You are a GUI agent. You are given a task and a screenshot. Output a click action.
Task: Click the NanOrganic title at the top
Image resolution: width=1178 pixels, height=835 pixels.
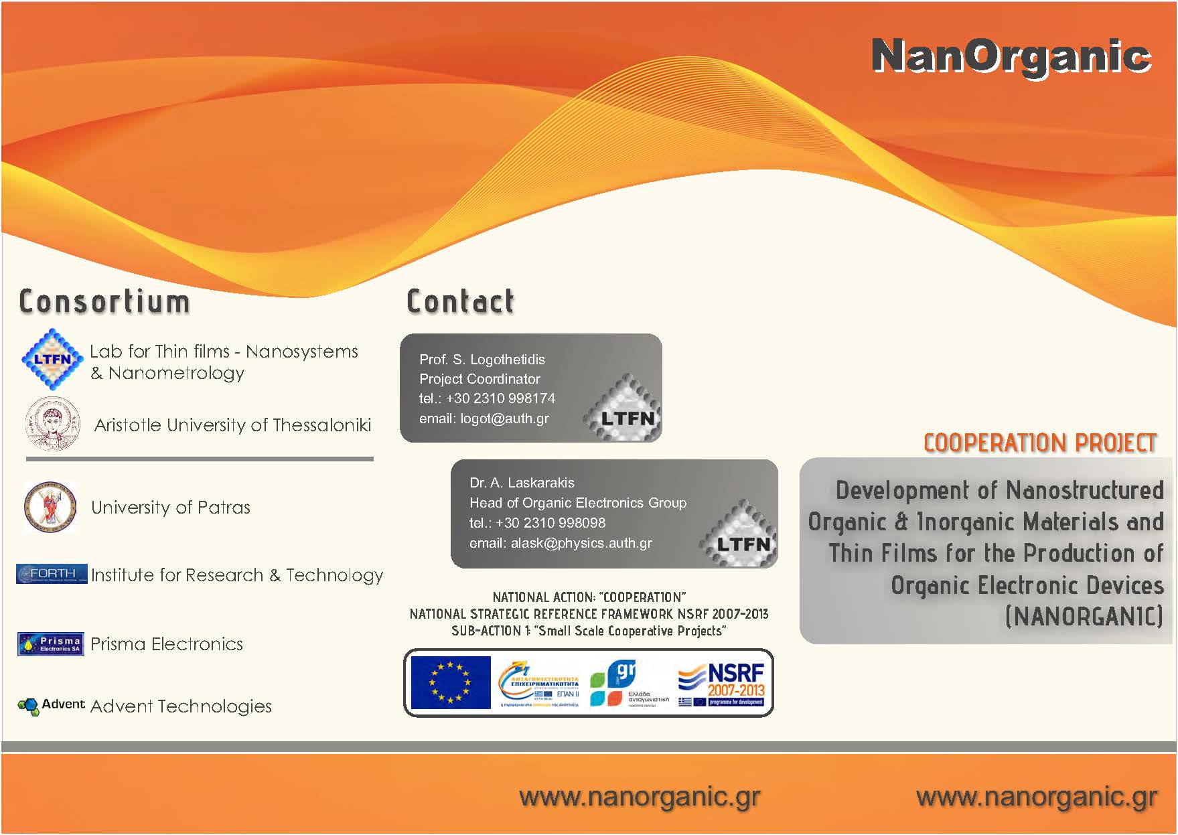coord(1011,56)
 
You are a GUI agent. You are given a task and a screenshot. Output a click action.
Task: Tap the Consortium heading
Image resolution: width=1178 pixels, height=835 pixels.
coord(104,302)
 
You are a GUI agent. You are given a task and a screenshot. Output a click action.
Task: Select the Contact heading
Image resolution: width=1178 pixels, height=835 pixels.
coord(461,302)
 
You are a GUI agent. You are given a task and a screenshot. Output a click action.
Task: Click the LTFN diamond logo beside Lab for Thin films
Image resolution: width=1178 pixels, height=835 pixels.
coord(52,360)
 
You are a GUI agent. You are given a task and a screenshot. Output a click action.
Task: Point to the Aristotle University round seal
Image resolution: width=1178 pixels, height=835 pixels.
coord(52,424)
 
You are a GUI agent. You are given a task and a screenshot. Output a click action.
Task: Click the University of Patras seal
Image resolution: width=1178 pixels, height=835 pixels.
coord(50,507)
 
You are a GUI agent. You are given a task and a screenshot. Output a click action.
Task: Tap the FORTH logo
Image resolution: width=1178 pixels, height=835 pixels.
coord(52,574)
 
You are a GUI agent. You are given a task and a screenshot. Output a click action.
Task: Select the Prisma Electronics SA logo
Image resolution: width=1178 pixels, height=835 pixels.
coord(51,644)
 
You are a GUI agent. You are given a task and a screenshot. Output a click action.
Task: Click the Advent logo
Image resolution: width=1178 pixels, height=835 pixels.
coord(51,705)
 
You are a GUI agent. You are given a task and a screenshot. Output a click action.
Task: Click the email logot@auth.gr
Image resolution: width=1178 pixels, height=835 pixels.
coord(484,419)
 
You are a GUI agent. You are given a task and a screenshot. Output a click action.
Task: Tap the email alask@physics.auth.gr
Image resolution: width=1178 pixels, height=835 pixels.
coord(561,543)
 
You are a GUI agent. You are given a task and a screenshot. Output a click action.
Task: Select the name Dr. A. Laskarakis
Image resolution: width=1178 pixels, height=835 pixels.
coord(522,483)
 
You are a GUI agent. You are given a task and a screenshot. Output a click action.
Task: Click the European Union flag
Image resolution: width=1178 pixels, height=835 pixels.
coord(450,682)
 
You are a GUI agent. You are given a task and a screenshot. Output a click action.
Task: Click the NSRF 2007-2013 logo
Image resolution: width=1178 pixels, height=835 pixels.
coord(721,683)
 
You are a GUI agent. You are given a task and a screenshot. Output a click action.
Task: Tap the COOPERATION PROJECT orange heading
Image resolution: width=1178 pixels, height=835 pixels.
coord(1040,443)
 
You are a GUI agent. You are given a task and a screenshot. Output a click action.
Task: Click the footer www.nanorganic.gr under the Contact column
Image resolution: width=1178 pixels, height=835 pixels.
coord(640,797)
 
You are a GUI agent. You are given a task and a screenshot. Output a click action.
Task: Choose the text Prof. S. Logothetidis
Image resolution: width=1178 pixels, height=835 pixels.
coord(482,360)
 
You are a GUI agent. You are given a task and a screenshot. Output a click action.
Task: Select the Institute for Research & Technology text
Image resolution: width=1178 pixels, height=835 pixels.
coord(237,575)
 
